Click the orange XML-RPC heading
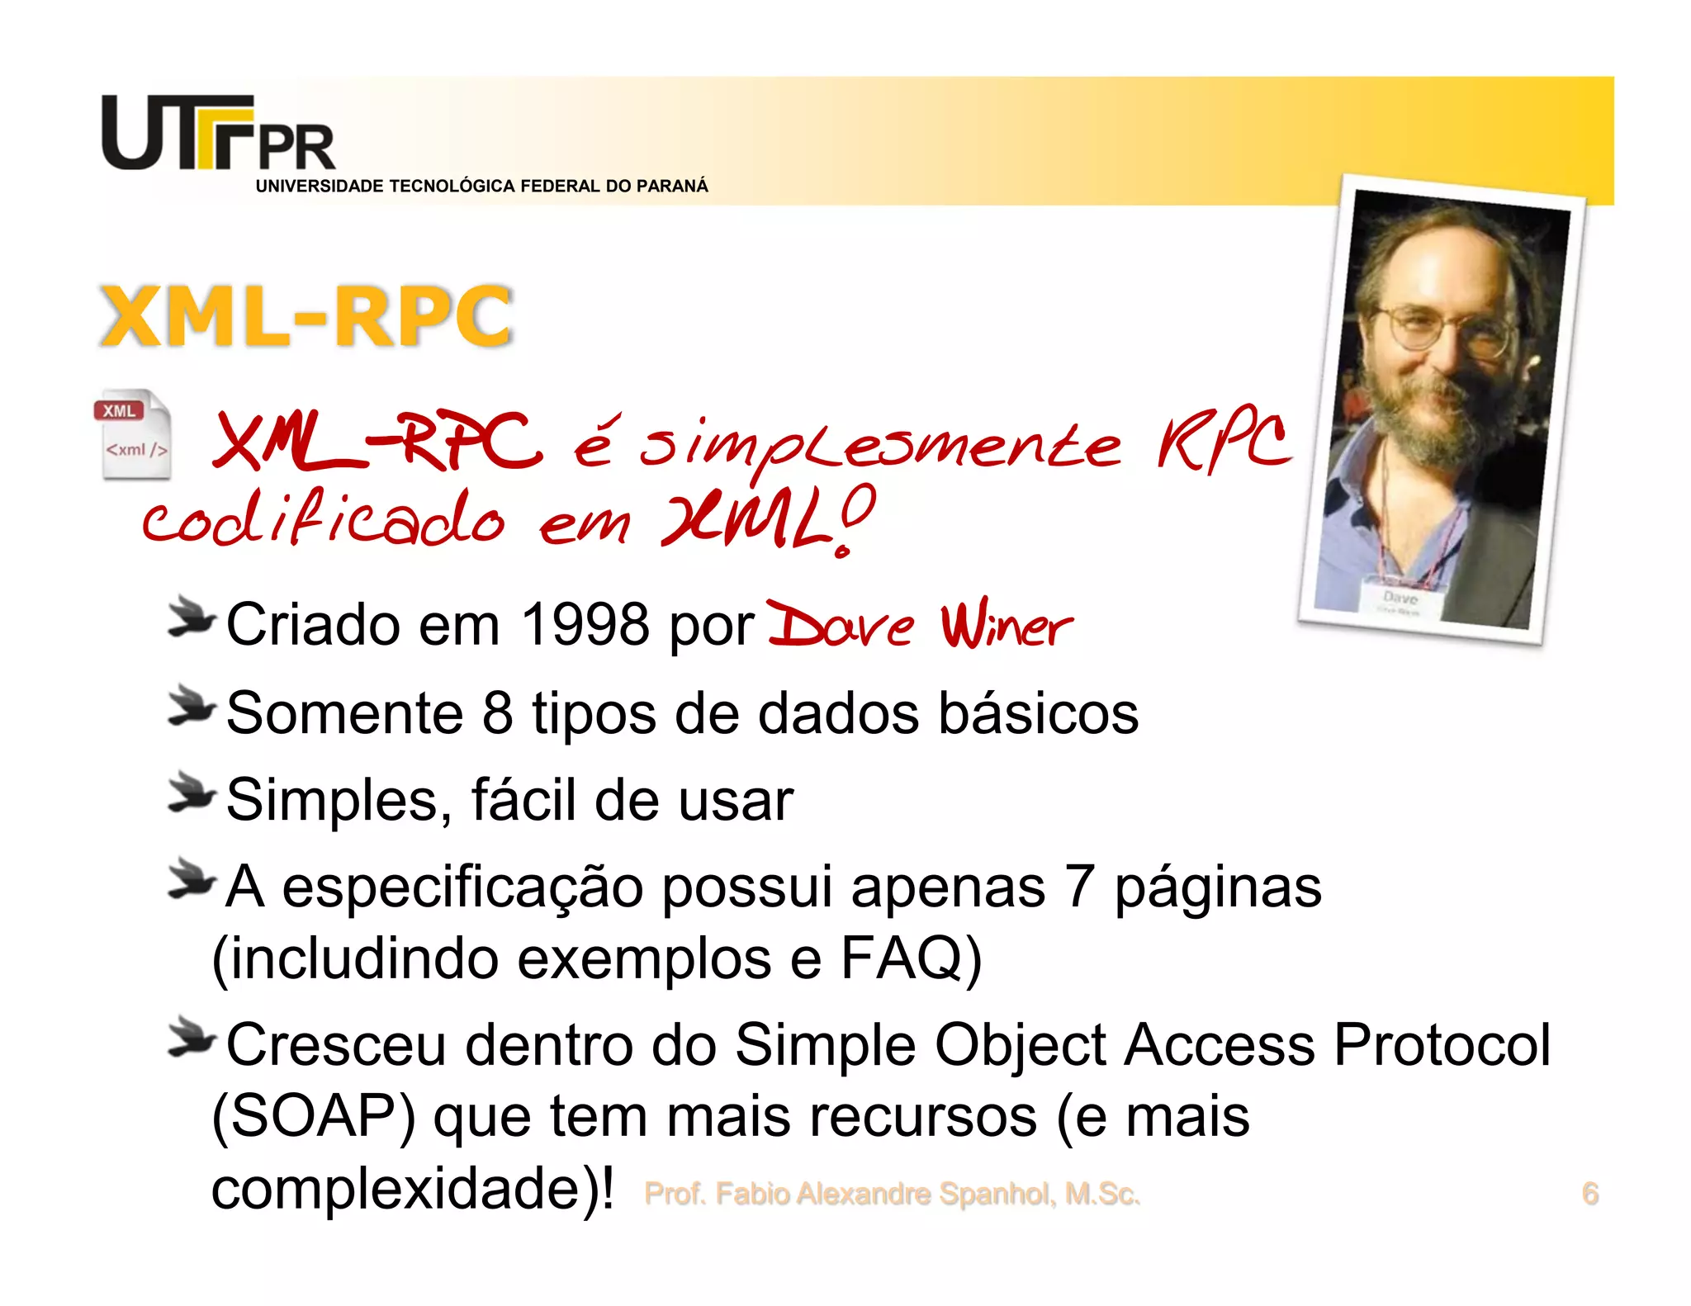point(306,316)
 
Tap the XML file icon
point(134,434)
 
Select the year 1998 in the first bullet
point(585,624)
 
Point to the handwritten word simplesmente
point(879,446)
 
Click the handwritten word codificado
point(322,520)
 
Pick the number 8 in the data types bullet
point(497,712)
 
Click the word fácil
point(523,800)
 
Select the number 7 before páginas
point(1079,887)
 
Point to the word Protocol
point(1442,1045)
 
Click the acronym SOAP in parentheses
point(314,1116)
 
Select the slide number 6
point(1589,1194)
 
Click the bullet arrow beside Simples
point(191,794)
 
